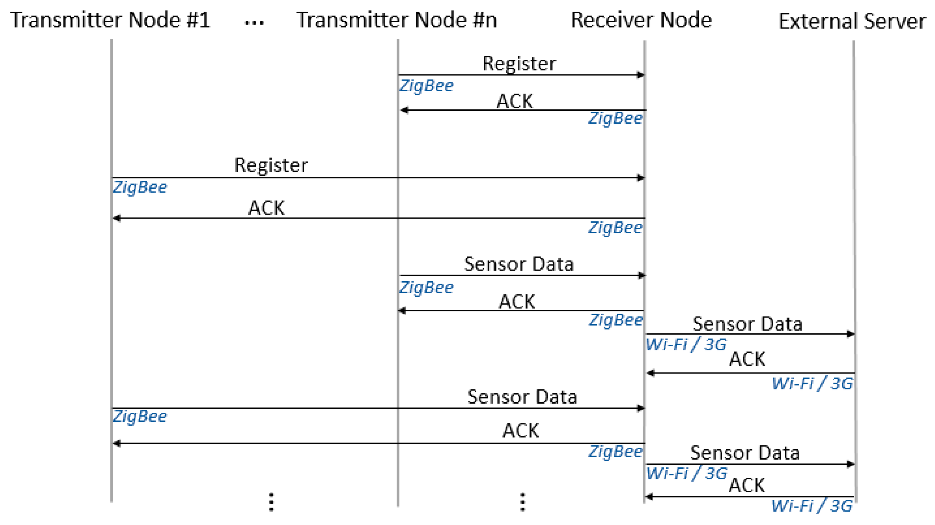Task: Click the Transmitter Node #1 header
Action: tap(110, 20)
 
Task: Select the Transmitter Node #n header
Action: tap(396, 20)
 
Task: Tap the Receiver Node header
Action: tap(641, 20)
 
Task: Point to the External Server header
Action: tap(852, 21)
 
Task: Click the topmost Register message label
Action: tap(519, 64)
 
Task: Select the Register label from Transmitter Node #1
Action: tap(271, 165)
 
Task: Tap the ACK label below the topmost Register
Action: tap(515, 101)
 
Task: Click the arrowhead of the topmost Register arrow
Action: tap(641, 75)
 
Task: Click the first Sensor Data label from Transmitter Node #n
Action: tap(519, 264)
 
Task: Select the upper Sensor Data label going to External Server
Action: tap(747, 324)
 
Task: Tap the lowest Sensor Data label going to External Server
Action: tap(745, 453)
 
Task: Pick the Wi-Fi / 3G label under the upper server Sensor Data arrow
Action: tap(686, 344)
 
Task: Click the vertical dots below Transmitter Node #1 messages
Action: tap(271, 502)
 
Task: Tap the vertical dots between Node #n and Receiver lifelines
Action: tap(522, 502)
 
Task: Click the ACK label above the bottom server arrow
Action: tap(747, 485)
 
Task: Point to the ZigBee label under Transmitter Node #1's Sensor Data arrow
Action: tap(140, 416)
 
